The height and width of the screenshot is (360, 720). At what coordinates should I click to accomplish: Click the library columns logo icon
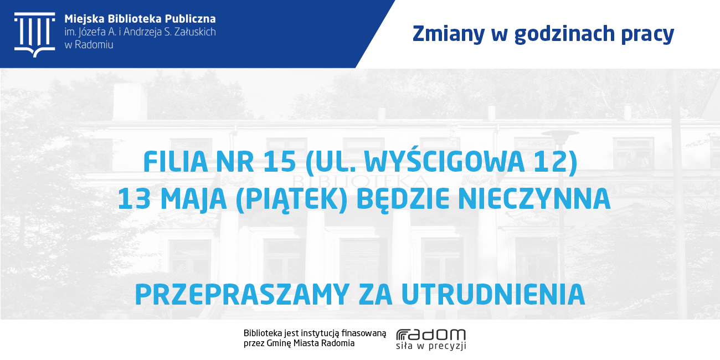[x=34, y=35]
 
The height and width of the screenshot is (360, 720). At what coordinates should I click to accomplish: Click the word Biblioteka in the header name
[x=135, y=19]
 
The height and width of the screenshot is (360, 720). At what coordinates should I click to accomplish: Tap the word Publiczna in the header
[x=191, y=19]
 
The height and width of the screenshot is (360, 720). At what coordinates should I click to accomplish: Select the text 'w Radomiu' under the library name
[x=89, y=45]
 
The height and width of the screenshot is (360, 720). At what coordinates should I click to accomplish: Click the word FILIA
[x=176, y=162]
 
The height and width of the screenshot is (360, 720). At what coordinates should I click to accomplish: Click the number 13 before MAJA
[x=135, y=199]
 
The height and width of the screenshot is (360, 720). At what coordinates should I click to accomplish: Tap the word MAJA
[x=193, y=200]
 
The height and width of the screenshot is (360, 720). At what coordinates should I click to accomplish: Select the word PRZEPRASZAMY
[x=243, y=294]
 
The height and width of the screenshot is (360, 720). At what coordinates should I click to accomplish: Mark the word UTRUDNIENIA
[x=493, y=294]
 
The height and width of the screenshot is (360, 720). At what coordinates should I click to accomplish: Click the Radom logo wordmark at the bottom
[x=431, y=335]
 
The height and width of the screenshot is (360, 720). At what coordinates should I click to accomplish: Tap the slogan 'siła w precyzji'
[x=431, y=346]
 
